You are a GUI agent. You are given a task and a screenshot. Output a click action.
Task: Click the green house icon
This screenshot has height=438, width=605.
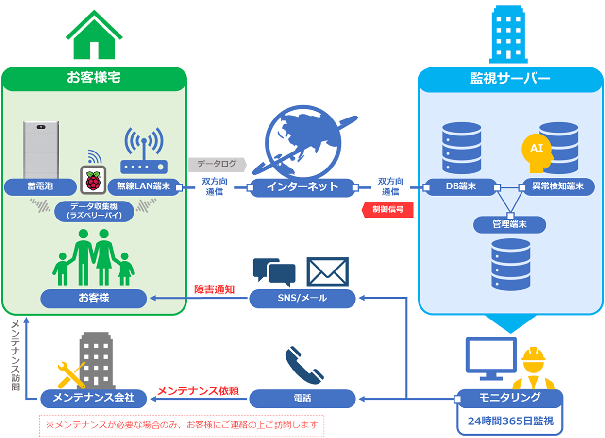[x=94, y=35]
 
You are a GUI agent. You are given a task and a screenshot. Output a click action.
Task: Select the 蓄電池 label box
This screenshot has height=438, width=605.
[x=40, y=186]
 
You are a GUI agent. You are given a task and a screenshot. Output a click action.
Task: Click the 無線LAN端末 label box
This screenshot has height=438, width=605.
[x=143, y=186]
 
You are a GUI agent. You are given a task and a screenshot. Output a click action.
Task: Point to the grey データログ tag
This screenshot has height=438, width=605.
[x=217, y=164]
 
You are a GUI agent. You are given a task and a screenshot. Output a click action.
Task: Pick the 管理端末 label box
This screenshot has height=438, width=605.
[x=510, y=224]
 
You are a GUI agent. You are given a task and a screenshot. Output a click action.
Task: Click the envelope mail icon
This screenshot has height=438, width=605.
[x=327, y=272]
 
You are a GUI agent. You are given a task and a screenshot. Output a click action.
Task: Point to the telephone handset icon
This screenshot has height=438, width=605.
[x=303, y=365]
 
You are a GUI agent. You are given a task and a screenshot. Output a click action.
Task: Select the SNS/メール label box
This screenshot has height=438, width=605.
[x=302, y=298]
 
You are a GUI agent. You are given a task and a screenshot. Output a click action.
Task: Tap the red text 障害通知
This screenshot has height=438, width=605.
[x=214, y=290]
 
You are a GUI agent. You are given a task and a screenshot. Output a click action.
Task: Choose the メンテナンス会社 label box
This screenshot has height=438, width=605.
[x=94, y=399]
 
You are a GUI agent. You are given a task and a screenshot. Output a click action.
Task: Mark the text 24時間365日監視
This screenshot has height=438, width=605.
[x=510, y=421]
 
